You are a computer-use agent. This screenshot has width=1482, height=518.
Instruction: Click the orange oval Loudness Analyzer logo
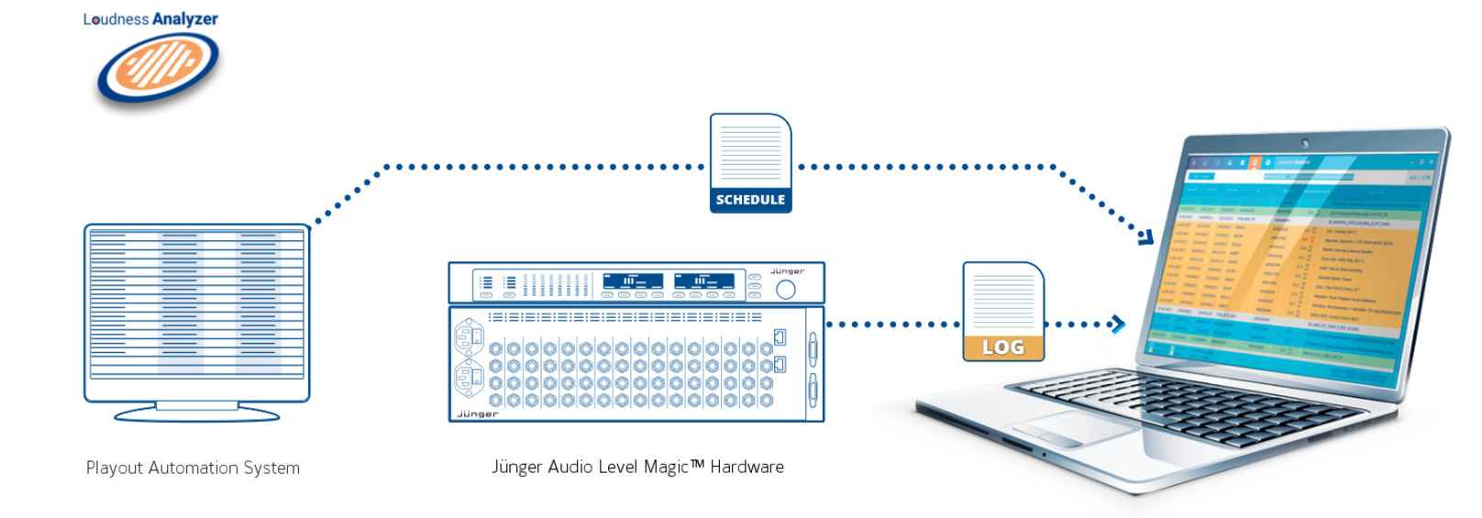(x=158, y=67)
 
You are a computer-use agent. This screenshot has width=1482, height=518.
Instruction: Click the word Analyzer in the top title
(x=185, y=19)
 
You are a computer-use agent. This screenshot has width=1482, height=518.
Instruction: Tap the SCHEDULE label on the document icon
(x=750, y=199)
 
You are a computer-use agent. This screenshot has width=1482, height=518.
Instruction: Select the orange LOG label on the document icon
(x=1003, y=347)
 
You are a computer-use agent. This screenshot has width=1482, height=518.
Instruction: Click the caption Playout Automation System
(x=193, y=468)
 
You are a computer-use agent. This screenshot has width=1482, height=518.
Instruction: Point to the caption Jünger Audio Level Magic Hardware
(x=637, y=467)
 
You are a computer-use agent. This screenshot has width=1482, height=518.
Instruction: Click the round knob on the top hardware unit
(x=786, y=290)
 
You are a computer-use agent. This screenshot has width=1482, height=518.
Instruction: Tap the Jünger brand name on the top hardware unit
(x=787, y=271)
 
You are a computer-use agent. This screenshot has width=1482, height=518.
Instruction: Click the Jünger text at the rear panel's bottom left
(x=477, y=414)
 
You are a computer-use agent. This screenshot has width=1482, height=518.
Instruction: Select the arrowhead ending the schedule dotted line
(x=1146, y=237)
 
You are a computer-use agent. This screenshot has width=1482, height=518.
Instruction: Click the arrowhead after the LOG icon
(x=1117, y=324)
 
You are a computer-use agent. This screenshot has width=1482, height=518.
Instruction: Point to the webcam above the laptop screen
(x=1305, y=143)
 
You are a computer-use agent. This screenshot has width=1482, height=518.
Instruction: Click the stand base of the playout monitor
(x=197, y=413)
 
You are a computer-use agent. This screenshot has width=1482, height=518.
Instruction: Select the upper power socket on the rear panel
(x=469, y=336)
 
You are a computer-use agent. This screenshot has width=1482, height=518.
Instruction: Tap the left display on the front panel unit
(x=632, y=281)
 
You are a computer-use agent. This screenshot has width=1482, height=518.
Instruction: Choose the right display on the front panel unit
(x=703, y=281)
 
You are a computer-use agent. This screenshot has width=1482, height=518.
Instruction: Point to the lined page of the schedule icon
(x=750, y=151)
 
